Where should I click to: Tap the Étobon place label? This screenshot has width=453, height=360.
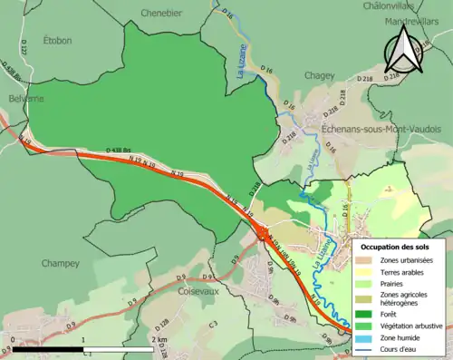[x=57, y=40]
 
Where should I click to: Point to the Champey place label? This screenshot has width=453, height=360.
[x=61, y=263]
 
